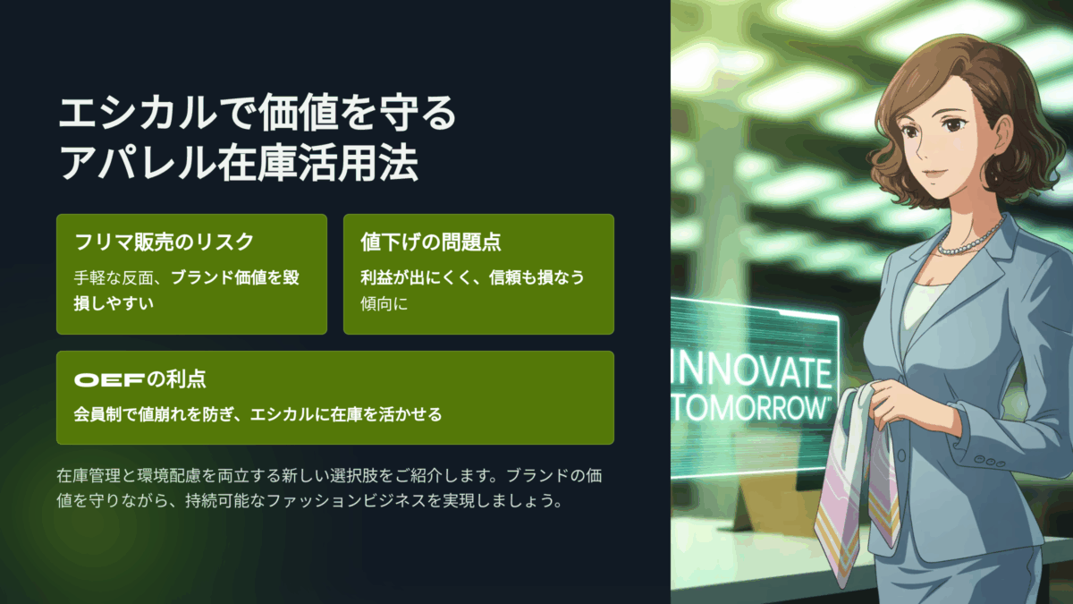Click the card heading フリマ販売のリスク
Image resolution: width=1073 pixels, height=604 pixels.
[x=164, y=242]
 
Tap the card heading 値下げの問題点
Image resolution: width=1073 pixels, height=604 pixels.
[x=431, y=242]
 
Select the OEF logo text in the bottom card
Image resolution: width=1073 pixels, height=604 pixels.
[x=109, y=380]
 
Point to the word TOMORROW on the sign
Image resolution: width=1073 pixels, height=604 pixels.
[x=750, y=408]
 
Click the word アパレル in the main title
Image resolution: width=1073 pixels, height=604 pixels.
[x=138, y=163]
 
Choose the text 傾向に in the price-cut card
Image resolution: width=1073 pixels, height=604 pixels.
[x=384, y=303]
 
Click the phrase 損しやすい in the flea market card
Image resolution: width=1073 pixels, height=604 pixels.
[x=114, y=303]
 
